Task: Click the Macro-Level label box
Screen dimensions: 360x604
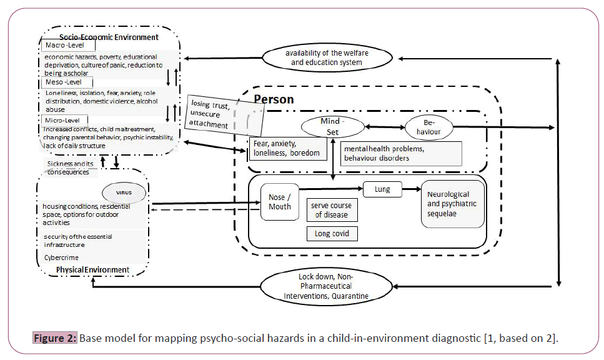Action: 69,46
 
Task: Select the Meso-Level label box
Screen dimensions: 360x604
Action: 67,82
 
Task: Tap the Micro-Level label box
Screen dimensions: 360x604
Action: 66,119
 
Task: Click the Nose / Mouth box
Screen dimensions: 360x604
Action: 279,202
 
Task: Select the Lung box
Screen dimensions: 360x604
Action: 382,188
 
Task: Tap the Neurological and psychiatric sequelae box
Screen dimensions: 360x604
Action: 453,204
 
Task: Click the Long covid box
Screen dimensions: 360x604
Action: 332,234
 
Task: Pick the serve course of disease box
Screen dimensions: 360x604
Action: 332,210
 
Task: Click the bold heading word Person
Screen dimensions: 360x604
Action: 274,99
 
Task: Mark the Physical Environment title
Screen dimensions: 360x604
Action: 92,270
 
